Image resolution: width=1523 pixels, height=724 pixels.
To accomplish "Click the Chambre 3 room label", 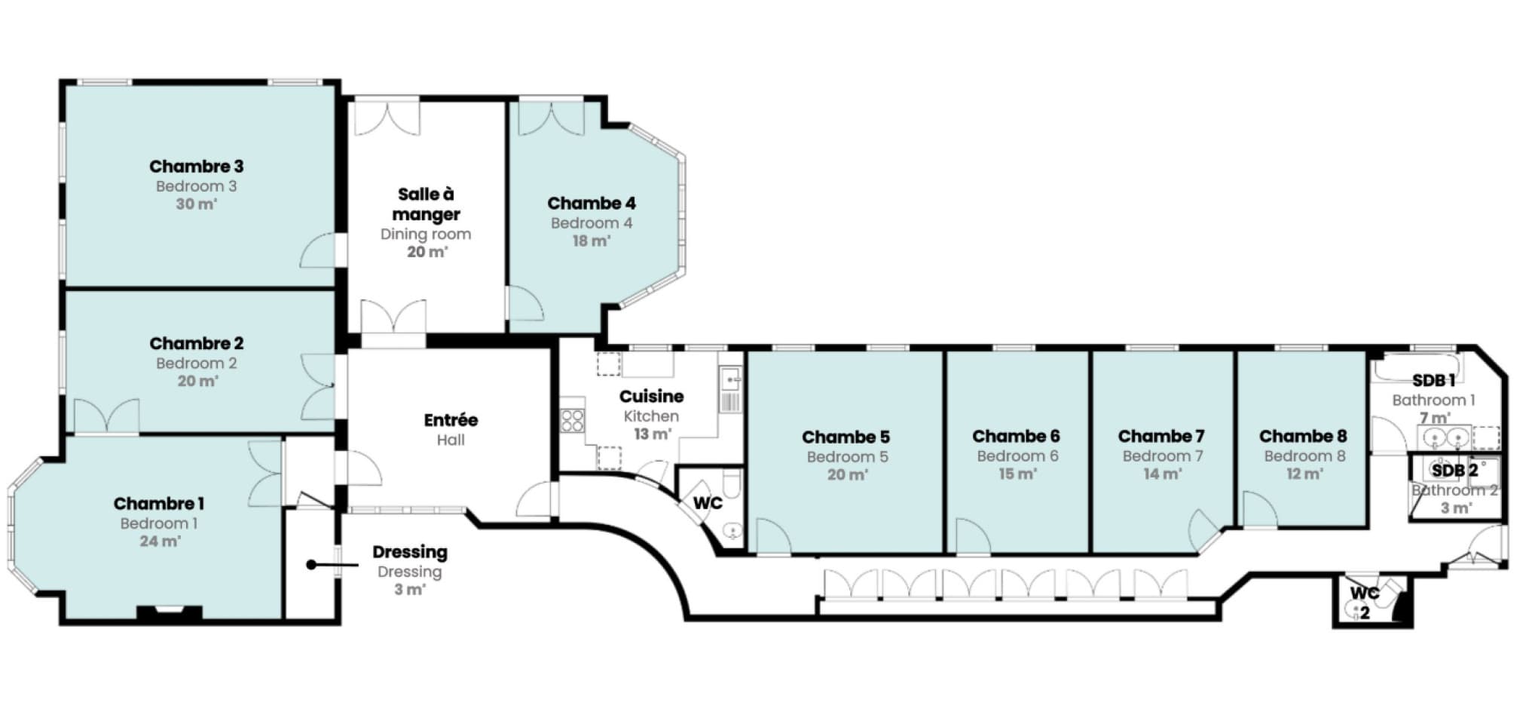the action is [x=196, y=166].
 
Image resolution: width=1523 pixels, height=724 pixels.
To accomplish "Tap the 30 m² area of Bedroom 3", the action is [x=196, y=204].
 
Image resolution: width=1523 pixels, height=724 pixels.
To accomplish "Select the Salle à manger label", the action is [x=426, y=204].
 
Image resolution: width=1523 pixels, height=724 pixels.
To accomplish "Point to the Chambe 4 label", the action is [x=592, y=203].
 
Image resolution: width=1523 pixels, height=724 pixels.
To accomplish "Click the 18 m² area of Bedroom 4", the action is [x=592, y=241].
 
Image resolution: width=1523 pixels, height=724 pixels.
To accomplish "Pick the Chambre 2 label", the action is [x=196, y=343].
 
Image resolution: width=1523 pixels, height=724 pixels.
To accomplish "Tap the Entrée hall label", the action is [x=451, y=420].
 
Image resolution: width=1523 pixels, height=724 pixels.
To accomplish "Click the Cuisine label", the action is [x=652, y=396].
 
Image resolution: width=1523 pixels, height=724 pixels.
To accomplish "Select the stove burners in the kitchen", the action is [x=573, y=420].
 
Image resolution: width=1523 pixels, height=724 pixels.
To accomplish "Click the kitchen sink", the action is [x=730, y=379].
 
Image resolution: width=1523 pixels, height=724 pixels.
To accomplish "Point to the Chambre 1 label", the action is [x=158, y=503].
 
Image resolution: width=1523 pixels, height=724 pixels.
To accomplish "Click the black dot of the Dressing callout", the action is [x=311, y=564].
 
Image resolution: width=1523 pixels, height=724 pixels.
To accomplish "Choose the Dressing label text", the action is [x=410, y=552].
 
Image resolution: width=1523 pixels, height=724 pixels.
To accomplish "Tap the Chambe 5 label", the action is [x=846, y=437].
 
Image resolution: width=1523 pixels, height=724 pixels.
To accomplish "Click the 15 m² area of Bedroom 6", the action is [x=1017, y=474].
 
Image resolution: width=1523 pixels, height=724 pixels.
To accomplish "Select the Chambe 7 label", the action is [x=1161, y=436].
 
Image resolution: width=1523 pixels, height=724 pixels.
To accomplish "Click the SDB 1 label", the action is [x=1433, y=380].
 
